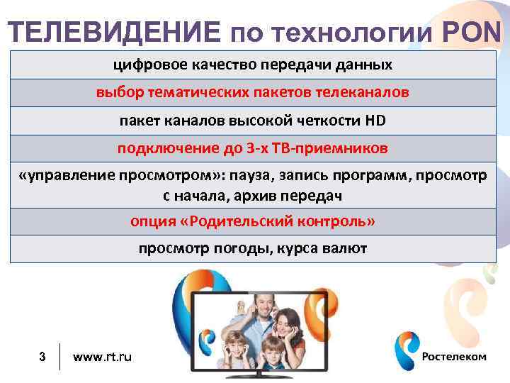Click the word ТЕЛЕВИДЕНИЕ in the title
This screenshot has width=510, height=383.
point(116,32)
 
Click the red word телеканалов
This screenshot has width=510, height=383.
point(366,93)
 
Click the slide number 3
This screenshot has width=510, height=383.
point(42,357)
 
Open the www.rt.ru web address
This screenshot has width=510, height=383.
point(102,357)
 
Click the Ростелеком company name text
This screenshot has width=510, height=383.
point(454,357)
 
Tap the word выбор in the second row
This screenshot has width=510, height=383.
point(115,93)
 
